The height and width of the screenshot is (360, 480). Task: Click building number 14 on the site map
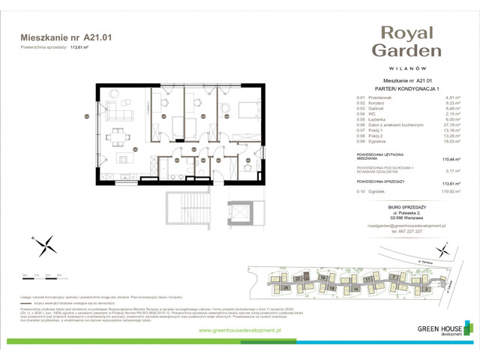353,287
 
